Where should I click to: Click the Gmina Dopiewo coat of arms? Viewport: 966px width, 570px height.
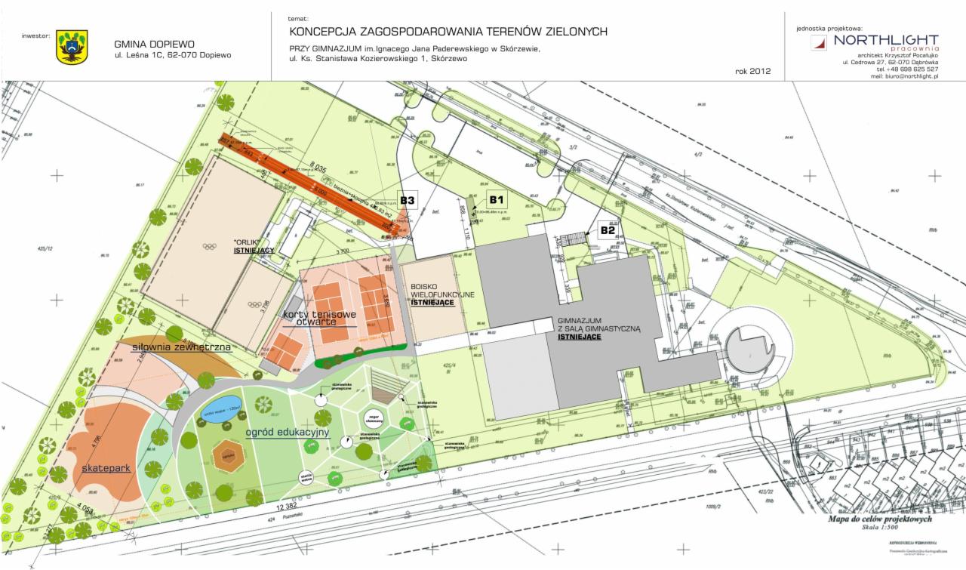[x=72, y=47]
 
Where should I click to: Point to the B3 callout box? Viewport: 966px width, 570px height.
[x=408, y=200]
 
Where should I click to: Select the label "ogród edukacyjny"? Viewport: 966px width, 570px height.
[x=288, y=432]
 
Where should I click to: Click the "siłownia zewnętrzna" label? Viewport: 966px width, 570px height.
[x=181, y=347]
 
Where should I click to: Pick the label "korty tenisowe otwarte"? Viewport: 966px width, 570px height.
[x=310, y=317]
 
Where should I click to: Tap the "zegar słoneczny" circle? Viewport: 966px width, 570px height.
[x=374, y=417]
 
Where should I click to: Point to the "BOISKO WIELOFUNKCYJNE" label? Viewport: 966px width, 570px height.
[x=442, y=294]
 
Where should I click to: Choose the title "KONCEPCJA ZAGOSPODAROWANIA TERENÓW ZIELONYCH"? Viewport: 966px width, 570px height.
[x=448, y=31]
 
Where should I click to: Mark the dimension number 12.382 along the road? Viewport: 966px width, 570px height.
[x=285, y=506]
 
